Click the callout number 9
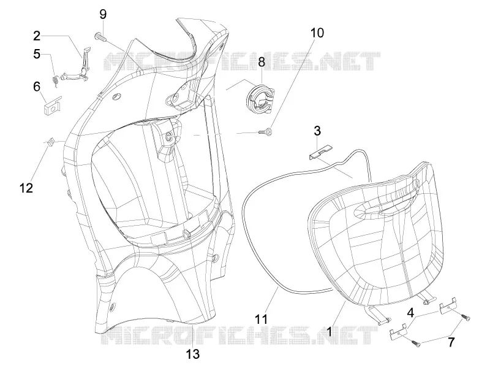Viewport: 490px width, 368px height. (103, 14)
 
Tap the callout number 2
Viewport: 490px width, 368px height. (37, 36)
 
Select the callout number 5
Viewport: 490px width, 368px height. (37, 54)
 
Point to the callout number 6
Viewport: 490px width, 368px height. (37, 86)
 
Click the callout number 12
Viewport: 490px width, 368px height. (26, 188)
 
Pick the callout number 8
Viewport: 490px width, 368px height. (262, 62)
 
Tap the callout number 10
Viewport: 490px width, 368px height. (317, 33)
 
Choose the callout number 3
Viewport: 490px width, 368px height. (317, 131)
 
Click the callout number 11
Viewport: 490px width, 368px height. (262, 319)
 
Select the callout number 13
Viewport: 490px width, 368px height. (193, 355)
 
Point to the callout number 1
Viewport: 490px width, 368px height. (329, 331)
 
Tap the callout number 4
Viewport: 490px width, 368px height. (410, 313)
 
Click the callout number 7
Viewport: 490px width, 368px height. (451, 342)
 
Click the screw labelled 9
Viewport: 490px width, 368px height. (100, 37)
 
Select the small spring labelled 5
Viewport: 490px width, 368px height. (55, 82)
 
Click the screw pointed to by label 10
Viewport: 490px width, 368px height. (266, 132)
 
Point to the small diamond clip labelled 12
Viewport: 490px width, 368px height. (50, 142)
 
